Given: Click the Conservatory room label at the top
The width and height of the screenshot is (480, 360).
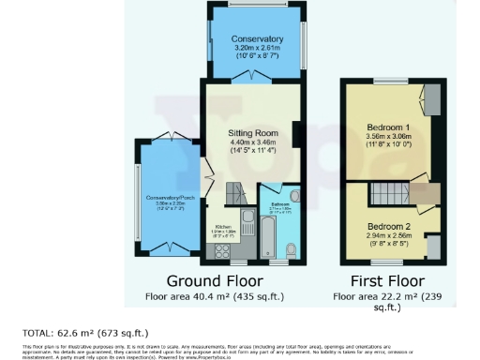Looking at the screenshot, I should pos(259,39).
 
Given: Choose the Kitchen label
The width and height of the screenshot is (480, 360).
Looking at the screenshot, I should pos(223,228).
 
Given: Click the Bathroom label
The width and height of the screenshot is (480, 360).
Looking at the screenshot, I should pos(279,202).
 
